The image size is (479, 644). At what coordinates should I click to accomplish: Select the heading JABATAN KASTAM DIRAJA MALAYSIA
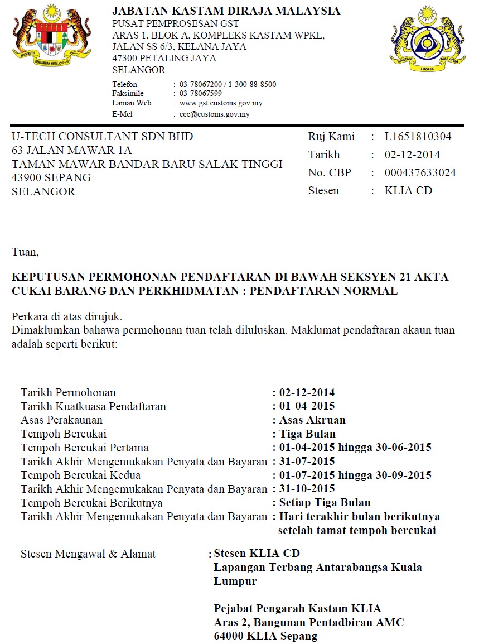(x=226, y=11)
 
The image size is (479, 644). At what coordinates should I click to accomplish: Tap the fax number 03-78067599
(x=200, y=94)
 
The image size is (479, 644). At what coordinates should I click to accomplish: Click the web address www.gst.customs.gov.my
(x=221, y=103)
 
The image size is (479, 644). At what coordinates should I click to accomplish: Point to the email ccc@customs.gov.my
(x=214, y=114)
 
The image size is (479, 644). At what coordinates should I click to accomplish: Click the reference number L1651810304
(x=418, y=137)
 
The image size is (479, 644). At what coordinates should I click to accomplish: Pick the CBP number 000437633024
(x=420, y=173)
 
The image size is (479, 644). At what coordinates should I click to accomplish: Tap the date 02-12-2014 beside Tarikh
(x=412, y=155)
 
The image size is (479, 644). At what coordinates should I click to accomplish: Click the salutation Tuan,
(x=25, y=252)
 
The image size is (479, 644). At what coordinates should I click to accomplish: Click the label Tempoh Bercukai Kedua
(x=80, y=475)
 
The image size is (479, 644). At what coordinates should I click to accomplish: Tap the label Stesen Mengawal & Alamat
(x=88, y=554)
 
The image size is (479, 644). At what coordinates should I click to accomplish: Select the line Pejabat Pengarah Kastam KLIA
(x=297, y=609)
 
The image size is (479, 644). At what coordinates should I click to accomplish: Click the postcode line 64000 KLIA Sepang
(x=265, y=636)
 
